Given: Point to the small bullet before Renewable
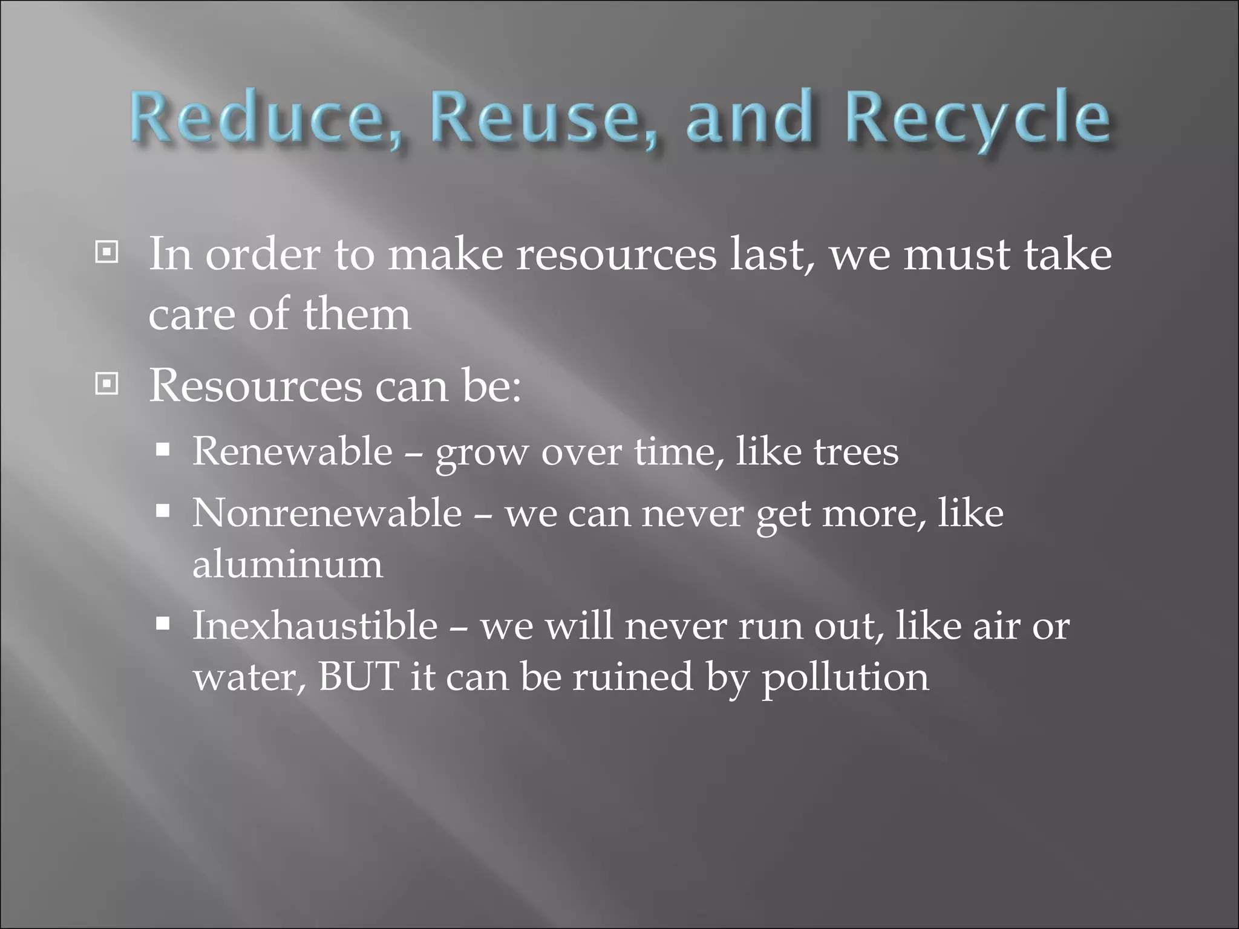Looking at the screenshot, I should click(162, 450).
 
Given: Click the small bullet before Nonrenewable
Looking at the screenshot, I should click(162, 512).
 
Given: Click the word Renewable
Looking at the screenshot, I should click(292, 451).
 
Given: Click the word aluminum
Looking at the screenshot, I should click(287, 564).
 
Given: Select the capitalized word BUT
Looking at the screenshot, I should click(358, 676).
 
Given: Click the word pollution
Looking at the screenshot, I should click(845, 677).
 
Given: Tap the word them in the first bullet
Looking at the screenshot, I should click(356, 314).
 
